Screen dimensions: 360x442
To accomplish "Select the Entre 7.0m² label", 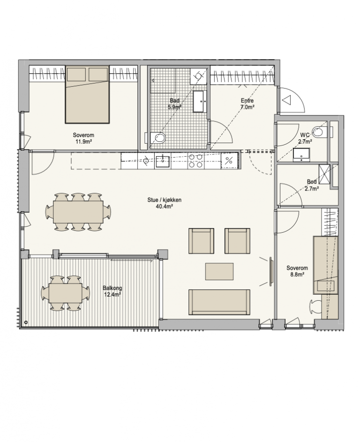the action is [247, 104].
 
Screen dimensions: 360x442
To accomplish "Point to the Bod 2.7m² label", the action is [312, 185].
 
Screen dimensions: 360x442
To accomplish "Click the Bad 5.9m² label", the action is [175, 104].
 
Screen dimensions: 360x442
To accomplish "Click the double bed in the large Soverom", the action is [87, 94].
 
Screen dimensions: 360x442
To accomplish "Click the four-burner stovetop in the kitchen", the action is [196, 161].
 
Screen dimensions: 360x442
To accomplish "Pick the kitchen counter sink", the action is [163, 161].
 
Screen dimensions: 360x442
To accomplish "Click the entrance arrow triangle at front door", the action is [287, 100].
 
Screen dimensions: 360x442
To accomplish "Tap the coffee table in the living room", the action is [219, 272].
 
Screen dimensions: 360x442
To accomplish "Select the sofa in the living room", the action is [219, 302].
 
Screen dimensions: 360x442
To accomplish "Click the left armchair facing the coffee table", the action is [201, 241].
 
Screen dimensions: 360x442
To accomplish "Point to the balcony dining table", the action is [66, 293].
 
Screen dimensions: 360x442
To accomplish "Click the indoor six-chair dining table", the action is [78, 212].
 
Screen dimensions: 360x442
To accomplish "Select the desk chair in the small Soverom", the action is [315, 306].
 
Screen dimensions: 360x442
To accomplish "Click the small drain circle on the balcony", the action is [26, 322].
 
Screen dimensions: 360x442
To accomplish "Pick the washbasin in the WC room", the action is [301, 154].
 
